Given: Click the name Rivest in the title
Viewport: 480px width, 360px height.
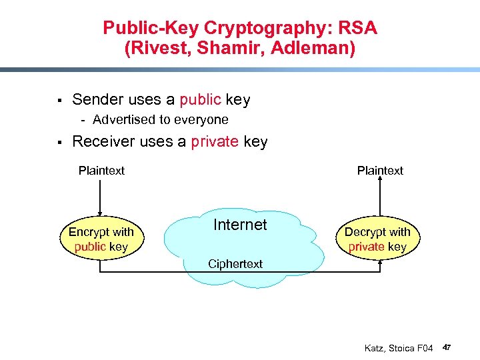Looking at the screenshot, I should [x=159, y=49].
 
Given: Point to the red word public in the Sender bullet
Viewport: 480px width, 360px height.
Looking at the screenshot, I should [x=200, y=100].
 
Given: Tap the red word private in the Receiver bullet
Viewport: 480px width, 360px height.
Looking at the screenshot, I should [x=215, y=141].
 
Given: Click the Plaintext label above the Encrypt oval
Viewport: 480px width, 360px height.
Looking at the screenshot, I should [x=101, y=171].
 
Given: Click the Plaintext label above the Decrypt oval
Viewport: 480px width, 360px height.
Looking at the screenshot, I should [x=380, y=171].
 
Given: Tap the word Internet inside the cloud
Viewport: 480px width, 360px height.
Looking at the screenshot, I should [x=240, y=225].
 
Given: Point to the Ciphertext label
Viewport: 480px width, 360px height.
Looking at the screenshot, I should [x=235, y=264].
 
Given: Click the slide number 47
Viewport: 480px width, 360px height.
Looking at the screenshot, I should [x=447, y=348].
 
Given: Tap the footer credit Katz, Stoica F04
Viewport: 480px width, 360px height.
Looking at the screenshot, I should [x=399, y=348].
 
